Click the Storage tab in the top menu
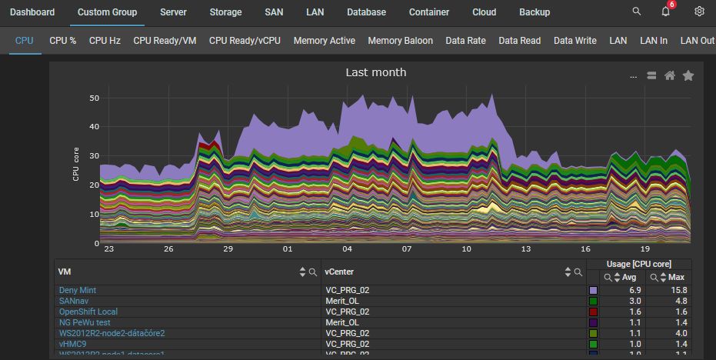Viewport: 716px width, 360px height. (x=225, y=12)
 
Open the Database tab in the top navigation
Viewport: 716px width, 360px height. (x=366, y=12)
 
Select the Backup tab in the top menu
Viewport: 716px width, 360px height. (x=535, y=12)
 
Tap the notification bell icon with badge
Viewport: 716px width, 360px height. (x=666, y=12)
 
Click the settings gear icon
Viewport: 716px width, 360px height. (x=699, y=12)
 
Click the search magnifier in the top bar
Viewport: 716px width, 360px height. (x=636, y=12)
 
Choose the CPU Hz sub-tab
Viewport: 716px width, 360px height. (x=105, y=41)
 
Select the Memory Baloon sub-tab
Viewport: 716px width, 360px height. (x=400, y=41)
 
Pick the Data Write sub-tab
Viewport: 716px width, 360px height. (x=574, y=41)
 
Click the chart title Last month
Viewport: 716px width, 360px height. (x=376, y=72)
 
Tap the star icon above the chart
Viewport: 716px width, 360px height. (x=688, y=75)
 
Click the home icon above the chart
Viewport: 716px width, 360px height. (x=670, y=75)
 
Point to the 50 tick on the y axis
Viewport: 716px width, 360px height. (x=95, y=98)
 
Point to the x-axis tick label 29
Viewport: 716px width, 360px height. (x=228, y=249)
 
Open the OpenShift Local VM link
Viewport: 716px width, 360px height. (x=88, y=312)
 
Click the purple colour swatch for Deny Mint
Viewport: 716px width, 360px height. (x=593, y=290)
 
